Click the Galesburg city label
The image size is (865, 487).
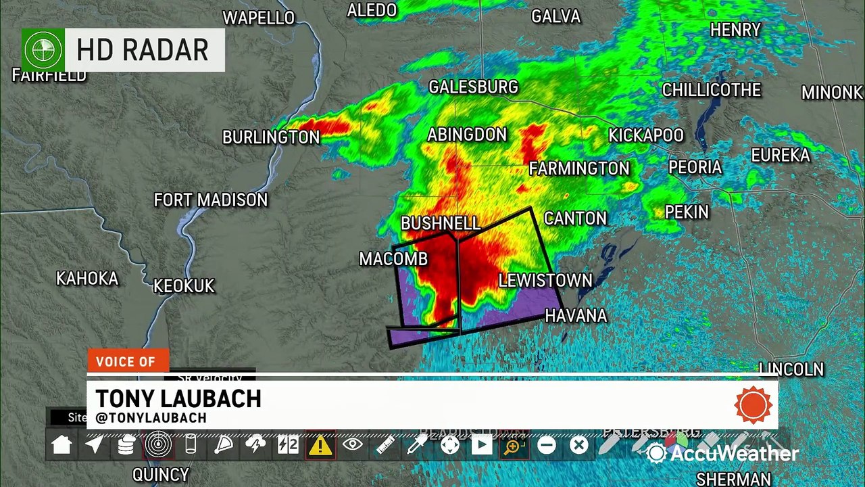(473, 87)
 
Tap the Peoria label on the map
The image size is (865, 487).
(695, 168)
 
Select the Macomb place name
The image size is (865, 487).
(393, 259)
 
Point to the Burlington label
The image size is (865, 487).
(271, 137)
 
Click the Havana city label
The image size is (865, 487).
(576, 316)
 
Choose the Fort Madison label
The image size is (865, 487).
(211, 200)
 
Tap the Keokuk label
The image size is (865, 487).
(184, 286)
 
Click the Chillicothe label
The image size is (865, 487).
(711, 90)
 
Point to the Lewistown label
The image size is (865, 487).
(545, 281)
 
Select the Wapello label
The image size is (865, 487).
(259, 18)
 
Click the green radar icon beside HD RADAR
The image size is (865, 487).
(43, 50)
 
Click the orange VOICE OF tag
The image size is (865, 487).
(126, 362)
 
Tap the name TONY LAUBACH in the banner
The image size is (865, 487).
(178, 399)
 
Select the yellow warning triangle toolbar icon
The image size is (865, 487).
(320, 445)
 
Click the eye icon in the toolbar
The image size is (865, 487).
(352, 445)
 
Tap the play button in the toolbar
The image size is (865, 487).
(481, 445)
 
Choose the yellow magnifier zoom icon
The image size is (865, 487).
(514, 446)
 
